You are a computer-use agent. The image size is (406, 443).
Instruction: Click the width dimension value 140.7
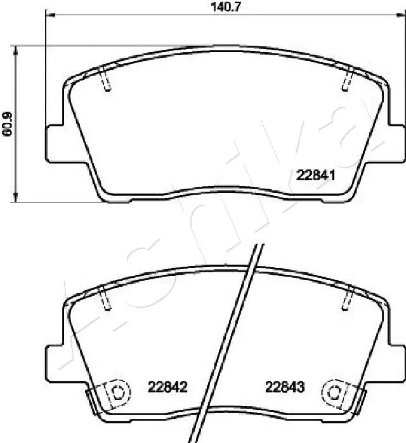226,7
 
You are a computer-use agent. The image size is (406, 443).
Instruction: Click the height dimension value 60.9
8,125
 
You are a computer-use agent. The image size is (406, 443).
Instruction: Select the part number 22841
316,176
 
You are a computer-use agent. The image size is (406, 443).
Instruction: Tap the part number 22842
167,386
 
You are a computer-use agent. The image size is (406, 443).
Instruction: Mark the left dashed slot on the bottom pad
106,298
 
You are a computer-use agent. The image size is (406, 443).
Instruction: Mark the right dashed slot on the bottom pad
347,298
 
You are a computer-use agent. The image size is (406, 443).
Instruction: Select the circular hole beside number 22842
116,392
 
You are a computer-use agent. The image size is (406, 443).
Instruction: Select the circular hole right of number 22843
333,392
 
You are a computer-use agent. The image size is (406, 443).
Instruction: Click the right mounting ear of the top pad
395,143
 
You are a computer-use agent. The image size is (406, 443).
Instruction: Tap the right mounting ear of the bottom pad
395,364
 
